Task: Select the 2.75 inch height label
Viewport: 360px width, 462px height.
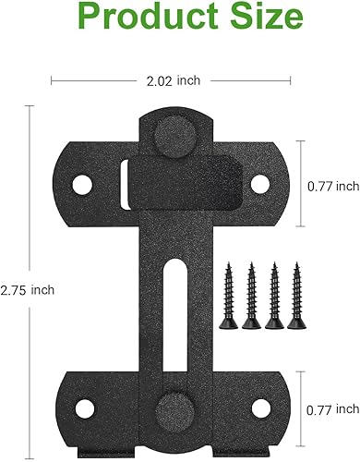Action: (29, 289)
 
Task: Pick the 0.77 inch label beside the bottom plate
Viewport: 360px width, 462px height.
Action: (332, 407)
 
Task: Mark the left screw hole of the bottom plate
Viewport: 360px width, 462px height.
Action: (81, 407)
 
